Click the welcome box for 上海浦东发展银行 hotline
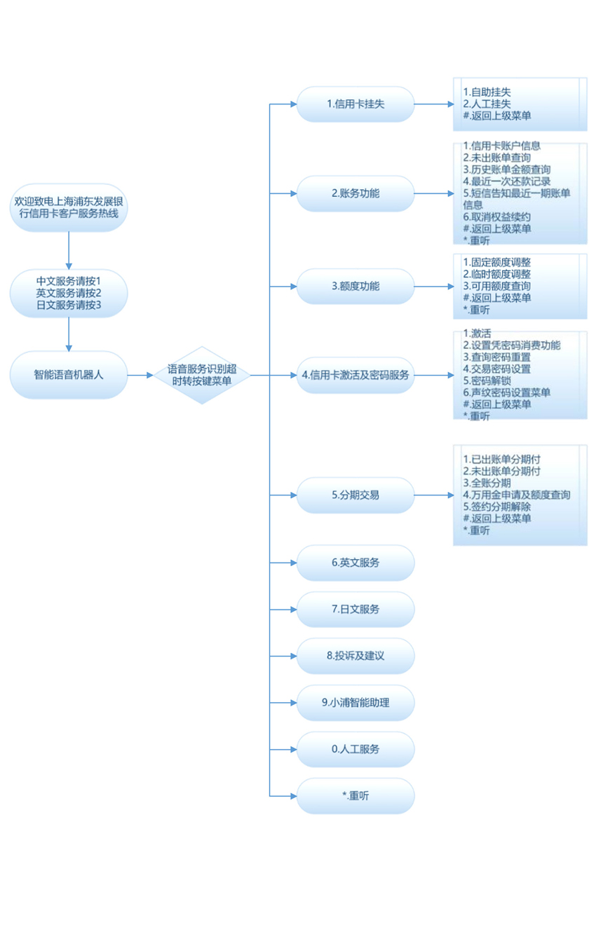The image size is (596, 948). (x=69, y=207)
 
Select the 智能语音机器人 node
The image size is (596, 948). (x=69, y=375)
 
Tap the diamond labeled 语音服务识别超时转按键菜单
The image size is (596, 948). (x=202, y=375)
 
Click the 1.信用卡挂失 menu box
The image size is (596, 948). (x=355, y=104)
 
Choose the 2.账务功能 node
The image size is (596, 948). (x=355, y=193)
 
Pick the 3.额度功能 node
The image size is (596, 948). (x=355, y=287)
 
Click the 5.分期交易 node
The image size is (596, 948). (x=355, y=495)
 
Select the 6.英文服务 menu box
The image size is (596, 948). (x=355, y=563)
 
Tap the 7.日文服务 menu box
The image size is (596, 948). (x=355, y=610)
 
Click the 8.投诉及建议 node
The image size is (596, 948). (x=355, y=656)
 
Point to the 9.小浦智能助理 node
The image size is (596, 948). (x=355, y=703)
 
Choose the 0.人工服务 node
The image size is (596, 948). (x=355, y=750)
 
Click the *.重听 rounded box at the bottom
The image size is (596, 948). (x=355, y=796)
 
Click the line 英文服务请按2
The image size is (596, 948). (x=69, y=293)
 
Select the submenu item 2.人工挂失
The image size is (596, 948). (x=487, y=104)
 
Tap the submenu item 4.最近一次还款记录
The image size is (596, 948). (x=507, y=181)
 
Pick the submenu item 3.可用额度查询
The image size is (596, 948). (x=496, y=286)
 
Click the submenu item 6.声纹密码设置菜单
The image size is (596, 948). (x=507, y=393)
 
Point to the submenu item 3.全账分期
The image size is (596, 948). (x=487, y=483)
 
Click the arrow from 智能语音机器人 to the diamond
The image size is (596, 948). (x=140, y=375)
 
